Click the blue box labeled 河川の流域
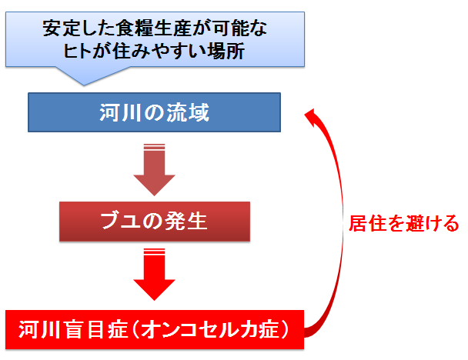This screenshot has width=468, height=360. pos(154,112)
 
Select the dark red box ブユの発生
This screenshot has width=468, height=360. pos(155,222)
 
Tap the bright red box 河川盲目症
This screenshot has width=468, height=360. pos(155,329)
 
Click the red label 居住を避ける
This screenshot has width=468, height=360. pos(404,223)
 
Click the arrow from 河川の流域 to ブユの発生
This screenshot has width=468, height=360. pos(154,169)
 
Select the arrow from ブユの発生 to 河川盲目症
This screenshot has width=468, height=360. pos(154,275)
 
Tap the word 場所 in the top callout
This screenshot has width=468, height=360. pos(226,51)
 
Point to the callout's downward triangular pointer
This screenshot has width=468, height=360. pos(85,75)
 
